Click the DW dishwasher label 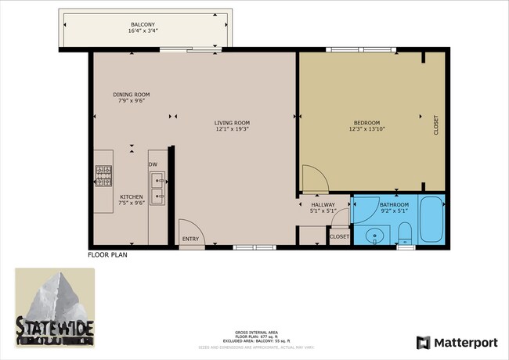(x=153, y=164)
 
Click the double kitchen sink (x=158, y=190)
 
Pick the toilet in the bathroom (x=405, y=232)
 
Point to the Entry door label (x=190, y=239)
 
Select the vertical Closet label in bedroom (x=436, y=125)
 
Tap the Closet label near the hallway (x=339, y=236)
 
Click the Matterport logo (x=457, y=342)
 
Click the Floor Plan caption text (x=107, y=254)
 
